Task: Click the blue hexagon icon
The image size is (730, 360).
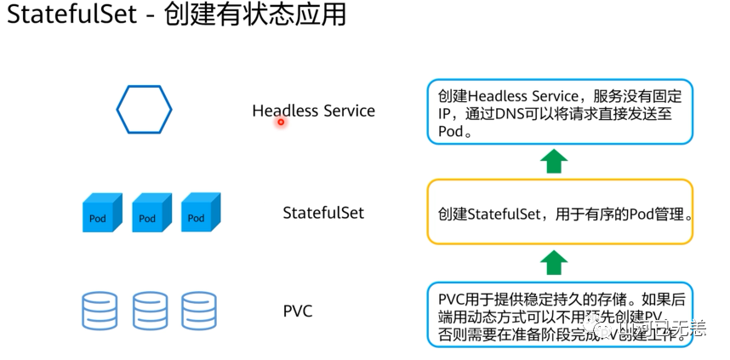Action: tap(144, 108)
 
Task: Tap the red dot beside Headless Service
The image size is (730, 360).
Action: tap(280, 123)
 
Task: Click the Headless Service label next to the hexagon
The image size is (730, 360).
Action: tap(313, 111)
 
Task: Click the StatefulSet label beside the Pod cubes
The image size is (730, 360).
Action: tap(323, 212)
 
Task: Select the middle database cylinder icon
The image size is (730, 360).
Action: tap(151, 311)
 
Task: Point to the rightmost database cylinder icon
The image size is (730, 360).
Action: tap(199, 311)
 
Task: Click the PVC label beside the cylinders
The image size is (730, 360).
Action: tap(297, 311)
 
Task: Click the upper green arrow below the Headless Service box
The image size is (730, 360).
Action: tap(555, 159)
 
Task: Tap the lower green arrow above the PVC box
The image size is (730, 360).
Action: tap(555, 261)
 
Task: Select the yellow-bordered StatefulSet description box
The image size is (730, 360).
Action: tap(560, 213)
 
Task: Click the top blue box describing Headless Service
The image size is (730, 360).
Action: tap(560, 111)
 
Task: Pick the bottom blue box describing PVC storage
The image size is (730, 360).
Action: tap(560, 313)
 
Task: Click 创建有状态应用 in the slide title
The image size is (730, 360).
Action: tap(255, 16)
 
